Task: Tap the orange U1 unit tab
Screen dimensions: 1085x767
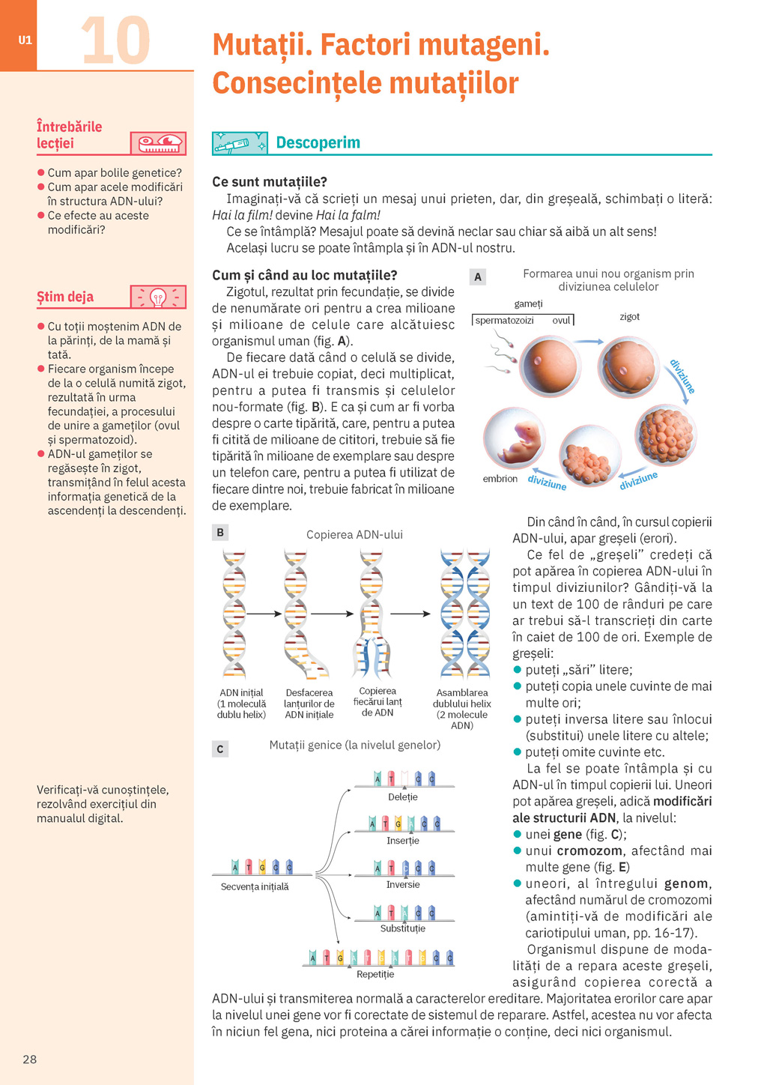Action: click(x=25, y=40)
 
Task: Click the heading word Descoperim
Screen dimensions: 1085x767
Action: click(x=318, y=142)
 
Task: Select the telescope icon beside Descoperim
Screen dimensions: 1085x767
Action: click(x=239, y=143)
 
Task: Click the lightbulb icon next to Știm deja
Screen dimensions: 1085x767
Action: click(x=158, y=297)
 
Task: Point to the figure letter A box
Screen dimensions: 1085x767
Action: click(x=478, y=276)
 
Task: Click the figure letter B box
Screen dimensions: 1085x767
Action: click(x=220, y=533)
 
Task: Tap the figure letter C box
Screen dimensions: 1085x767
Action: click(x=220, y=749)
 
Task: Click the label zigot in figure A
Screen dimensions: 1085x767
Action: click(x=629, y=317)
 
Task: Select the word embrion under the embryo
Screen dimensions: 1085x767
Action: click(x=500, y=479)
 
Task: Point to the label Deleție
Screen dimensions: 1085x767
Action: click(x=403, y=797)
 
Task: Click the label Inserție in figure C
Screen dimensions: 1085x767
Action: click(x=403, y=841)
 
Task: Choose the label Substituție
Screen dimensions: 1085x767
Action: click(x=403, y=928)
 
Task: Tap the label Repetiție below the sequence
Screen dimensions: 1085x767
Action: click(x=375, y=974)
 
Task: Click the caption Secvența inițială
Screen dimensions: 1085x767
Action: click(x=255, y=886)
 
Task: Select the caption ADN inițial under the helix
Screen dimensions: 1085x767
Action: click(x=241, y=693)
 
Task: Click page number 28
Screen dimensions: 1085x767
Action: click(x=30, y=1059)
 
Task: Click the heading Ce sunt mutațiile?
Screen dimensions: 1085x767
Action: click(x=270, y=182)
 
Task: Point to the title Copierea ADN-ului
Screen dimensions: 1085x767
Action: click(x=354, y=534)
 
